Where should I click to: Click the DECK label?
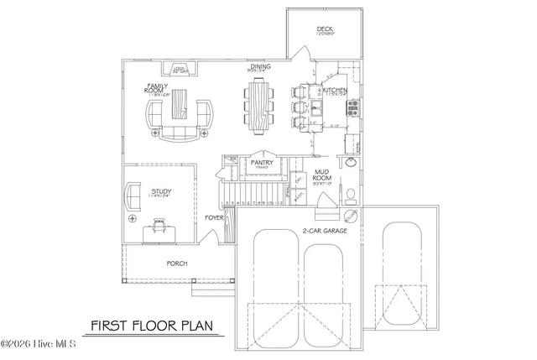(326, 30)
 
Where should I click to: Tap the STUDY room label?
(161, 192)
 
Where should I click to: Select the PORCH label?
(176, 263)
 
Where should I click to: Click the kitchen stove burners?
(353, 107)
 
